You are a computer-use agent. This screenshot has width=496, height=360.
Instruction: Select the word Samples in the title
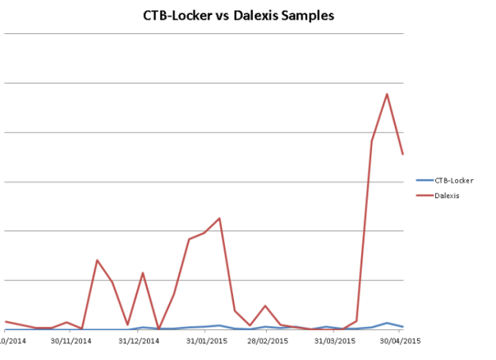point(310,15)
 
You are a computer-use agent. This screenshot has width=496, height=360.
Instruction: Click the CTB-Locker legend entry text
point(454,180)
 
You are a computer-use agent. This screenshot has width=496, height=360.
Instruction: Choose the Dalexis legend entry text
point(448,195)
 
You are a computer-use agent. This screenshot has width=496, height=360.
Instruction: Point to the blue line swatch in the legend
point(424,180)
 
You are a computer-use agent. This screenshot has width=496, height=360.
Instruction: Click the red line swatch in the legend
point(424,195)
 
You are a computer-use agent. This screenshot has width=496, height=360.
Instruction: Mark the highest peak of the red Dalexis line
point(387,94)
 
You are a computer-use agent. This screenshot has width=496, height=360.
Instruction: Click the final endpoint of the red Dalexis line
point(403,154)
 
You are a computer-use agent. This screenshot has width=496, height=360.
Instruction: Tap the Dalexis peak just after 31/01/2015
point(219,218)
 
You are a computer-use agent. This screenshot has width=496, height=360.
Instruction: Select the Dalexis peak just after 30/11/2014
point(97,260)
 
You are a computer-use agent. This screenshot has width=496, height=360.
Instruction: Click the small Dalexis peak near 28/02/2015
point(265,306)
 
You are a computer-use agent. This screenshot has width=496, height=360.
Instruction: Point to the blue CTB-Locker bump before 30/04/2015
point(387,323)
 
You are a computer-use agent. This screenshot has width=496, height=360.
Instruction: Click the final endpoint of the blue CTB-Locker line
point(403,327)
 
